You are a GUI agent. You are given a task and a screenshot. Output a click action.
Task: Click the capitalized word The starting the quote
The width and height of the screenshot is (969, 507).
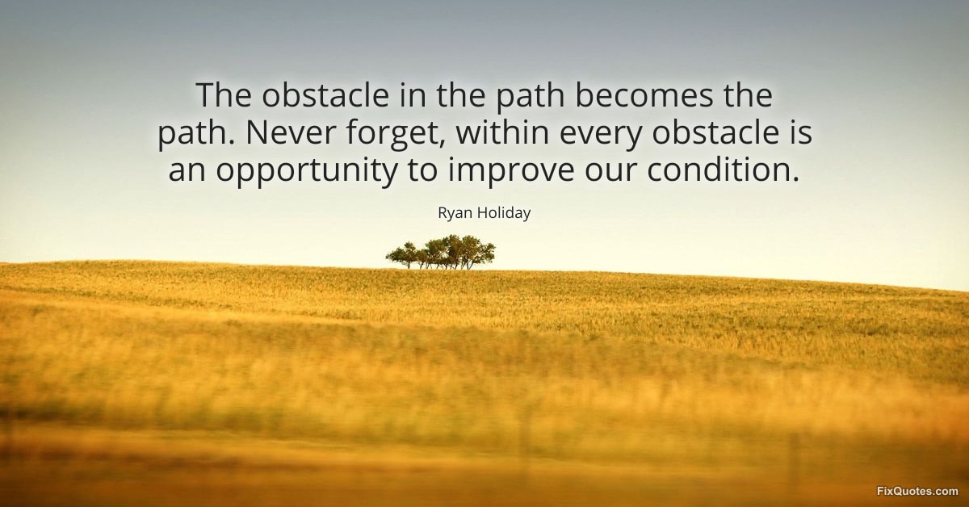pos(223,95)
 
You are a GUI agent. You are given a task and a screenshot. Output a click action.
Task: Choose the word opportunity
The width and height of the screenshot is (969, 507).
pos(306,171)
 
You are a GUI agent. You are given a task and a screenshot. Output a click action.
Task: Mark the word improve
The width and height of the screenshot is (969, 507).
pos(511,171)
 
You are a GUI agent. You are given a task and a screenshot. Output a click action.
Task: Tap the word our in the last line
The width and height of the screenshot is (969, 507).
pos(610,173)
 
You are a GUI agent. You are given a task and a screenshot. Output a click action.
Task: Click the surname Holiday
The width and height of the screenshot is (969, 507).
pos(503,212)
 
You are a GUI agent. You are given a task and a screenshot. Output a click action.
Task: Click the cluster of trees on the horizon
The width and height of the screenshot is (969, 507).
pos(440,252)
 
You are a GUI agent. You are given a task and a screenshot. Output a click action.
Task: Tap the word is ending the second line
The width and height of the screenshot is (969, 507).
pos(802,133)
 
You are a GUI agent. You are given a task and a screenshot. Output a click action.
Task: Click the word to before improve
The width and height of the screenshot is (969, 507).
pos(422,170)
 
